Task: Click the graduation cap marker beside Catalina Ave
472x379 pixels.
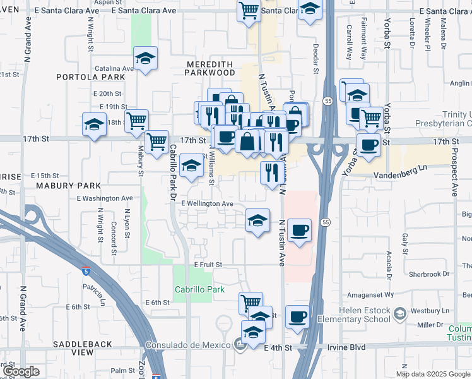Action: (x=146, y=60)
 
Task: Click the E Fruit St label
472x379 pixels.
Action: (x=208, y=265)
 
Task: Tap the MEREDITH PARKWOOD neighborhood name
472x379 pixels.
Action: (x=209, y=69)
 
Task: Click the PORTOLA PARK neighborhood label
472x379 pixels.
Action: (x=90, y=77)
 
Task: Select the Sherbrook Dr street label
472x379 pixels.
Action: (x=428, y=274)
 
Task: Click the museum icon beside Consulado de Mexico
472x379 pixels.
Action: (x=239, y=344)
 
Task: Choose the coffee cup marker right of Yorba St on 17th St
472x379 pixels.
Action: (x=369, y=144)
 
